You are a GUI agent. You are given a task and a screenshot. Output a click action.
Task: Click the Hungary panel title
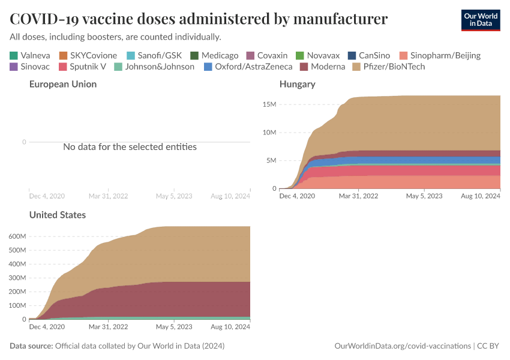pos(297,85)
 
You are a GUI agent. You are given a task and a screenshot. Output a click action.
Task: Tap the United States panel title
pos(57,215)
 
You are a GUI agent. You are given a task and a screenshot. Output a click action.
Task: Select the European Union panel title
pos(62,85)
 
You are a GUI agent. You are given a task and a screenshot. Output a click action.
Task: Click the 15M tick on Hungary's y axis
pos(268,104)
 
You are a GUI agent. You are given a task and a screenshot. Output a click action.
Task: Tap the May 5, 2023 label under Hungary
pos(424,196)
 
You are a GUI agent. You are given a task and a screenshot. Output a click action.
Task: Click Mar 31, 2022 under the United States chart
pos(108,327)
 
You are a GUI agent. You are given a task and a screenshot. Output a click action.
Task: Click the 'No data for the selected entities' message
pos(130,146)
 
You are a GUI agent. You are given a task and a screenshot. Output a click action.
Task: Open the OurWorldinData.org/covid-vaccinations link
pos(401,346)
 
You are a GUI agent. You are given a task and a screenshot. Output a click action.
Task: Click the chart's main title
pos(198,19)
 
